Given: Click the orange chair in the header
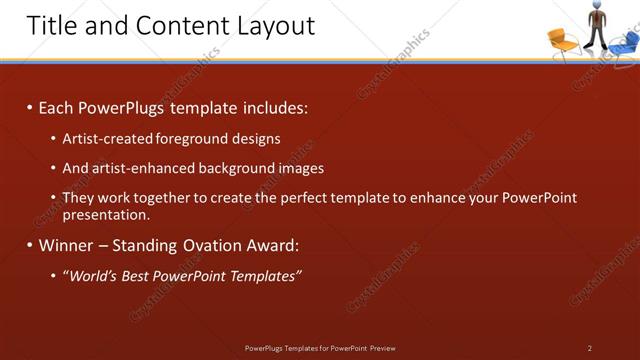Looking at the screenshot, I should pos(563,41).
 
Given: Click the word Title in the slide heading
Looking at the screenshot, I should pos(50,25).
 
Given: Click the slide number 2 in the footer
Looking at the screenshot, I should pos(590,348).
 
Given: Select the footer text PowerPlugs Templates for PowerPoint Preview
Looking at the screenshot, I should pos(320,348).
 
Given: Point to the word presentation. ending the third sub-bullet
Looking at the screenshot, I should pos(106,214).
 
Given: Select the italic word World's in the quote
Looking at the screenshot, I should pos(92,275).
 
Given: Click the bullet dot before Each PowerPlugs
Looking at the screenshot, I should pos(29,108).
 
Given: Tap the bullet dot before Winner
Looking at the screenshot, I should pos(29,245).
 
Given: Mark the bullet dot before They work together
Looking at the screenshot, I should pos(53,198).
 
